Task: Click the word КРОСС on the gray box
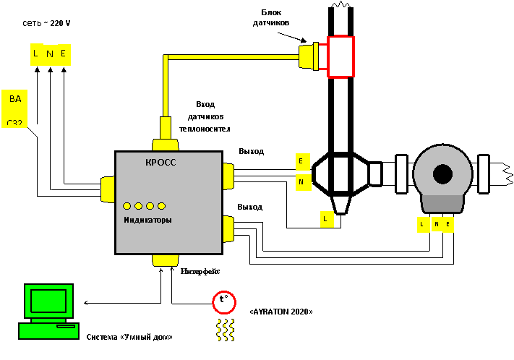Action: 160,163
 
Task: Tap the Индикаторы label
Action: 147,220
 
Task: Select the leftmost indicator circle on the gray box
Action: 127,206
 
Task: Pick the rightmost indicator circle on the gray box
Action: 161,206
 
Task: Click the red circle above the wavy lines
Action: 224,302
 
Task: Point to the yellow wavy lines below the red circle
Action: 225,330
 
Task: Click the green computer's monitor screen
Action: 48,300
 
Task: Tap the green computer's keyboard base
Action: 48,330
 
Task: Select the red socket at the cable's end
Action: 340,56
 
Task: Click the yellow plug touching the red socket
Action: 309,56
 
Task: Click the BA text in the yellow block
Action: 15,99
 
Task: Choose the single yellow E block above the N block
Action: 303,161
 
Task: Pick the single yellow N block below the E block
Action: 303,182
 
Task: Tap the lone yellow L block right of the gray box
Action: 327,219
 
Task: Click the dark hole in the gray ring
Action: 442,173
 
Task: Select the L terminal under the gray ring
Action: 423,225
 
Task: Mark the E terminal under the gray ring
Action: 448,225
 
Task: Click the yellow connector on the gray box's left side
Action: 108,189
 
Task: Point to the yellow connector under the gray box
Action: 166,260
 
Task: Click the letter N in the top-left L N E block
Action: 49,54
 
